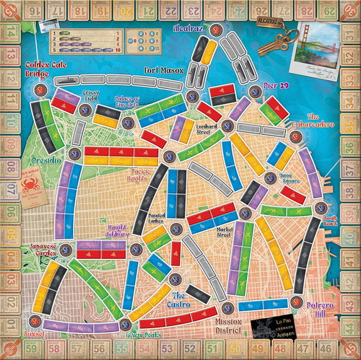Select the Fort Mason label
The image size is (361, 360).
159,70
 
